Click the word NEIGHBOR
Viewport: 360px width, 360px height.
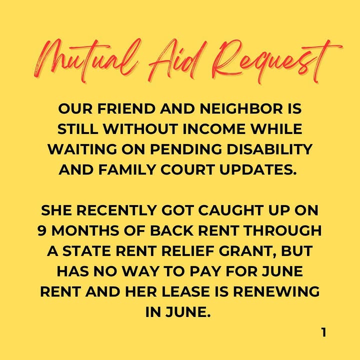pyautogui.click(x=241, y=108)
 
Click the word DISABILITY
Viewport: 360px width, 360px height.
pyautogui.click(x=269, y=149)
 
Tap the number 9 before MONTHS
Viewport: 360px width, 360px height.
pyautogui.click(x=42, y=230)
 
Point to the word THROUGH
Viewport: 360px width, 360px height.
pyautogui.click(x=283, y=230)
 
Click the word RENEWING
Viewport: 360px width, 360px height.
pyautogui.click(x=276, y=291)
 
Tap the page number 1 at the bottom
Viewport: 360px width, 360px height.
pyautogui.click(x=323, y=332)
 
